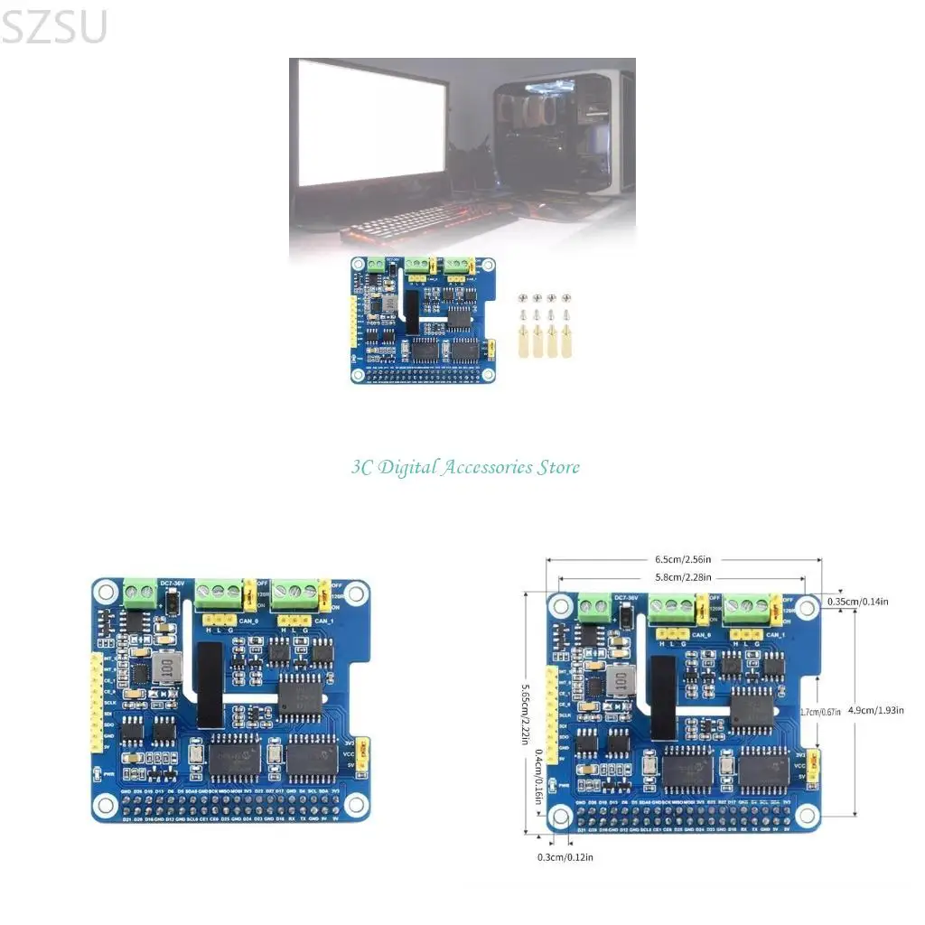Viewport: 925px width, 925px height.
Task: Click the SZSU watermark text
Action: tap(54, 27)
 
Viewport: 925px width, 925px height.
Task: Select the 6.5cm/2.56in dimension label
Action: tap(683, 558)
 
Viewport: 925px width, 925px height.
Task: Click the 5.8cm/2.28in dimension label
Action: tap(683, 577)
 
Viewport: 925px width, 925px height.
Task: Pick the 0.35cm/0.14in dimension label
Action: tap(859, 601)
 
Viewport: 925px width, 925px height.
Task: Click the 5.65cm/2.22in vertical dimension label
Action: tap(526, 713)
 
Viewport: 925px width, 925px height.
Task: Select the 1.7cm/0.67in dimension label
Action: tap(820, 712)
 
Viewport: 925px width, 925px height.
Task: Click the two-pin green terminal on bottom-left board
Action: tap(139, 593)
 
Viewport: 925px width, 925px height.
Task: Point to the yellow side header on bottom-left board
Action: tap(95, 705)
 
